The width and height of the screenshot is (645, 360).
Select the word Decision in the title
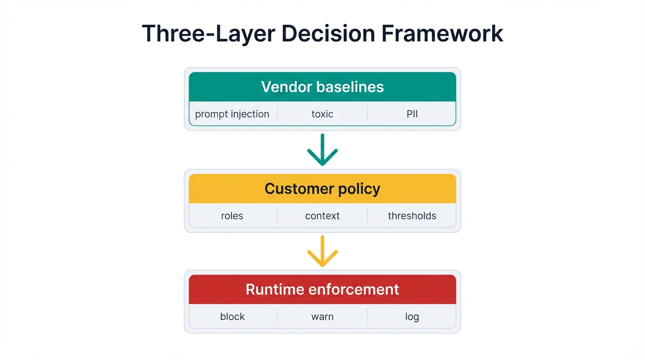(x=318, y=34)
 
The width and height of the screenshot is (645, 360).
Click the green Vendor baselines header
(x=322, y=87)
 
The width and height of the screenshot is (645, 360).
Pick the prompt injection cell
(x=232, y=114)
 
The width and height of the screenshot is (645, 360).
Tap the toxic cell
(x=322, y=114)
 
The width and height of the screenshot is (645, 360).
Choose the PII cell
(x=412, y=114)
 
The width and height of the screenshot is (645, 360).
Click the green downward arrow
(x=322, y=150)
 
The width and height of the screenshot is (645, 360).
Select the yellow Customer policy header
(x=322, y=188)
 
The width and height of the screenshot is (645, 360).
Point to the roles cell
(x=232, y=216)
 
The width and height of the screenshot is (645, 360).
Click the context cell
(x=322, y=216)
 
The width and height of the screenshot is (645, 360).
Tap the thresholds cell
(x=412, y=216)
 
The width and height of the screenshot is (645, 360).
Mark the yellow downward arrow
(x=322, y=251)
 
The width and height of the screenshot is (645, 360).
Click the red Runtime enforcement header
(x=322, y=289)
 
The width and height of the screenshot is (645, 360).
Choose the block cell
(x=232, y=316)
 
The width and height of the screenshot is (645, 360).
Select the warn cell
(x=322, y=316)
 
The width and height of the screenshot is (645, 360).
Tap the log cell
(x=412, y=316)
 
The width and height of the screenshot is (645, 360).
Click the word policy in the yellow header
(x=357, y=189)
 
